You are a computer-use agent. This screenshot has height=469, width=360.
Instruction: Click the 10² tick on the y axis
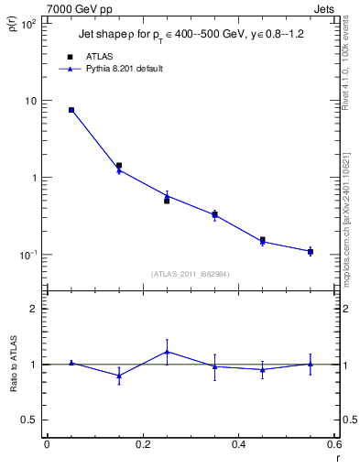(27, 24)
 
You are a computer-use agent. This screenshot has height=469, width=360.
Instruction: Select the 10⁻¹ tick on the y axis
(27, 255)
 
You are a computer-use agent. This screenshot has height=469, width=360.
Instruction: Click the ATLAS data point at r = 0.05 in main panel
(71, 110)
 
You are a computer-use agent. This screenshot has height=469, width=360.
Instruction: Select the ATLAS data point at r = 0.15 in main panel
(119, 166)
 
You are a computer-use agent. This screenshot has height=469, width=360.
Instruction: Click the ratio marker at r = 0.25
(167, 351)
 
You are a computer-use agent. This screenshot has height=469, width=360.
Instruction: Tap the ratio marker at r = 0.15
(119, 376)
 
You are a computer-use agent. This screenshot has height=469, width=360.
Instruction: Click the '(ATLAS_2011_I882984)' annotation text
(190, 273)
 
